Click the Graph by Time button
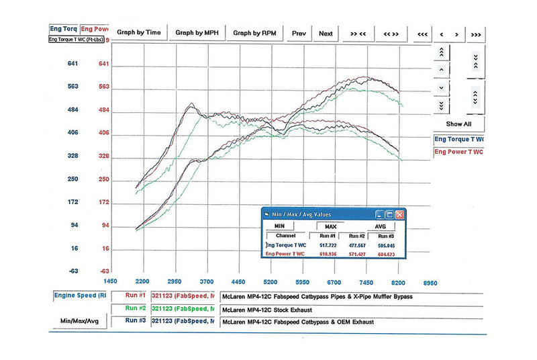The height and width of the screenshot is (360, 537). coord(139,32)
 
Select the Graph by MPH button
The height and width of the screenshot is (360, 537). coord(197,32)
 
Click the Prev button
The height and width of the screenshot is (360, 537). coord(299,33)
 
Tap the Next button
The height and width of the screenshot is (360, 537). coord(326,33)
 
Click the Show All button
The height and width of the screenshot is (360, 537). coord(458,124)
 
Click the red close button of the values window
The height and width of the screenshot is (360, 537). coord(400,214)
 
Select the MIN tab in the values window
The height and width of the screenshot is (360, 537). coord(279,226)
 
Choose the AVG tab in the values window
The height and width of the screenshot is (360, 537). coord(380,226)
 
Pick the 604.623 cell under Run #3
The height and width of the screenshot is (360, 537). coord(387,255)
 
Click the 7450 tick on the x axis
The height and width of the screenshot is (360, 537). coord(367,282)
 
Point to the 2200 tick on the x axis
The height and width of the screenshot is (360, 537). coord(142,282)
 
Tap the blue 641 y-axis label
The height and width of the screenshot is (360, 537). coord(73,64)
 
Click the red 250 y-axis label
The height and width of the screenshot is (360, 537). coord(104,179)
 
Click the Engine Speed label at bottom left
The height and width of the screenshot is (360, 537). coord(79,296)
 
